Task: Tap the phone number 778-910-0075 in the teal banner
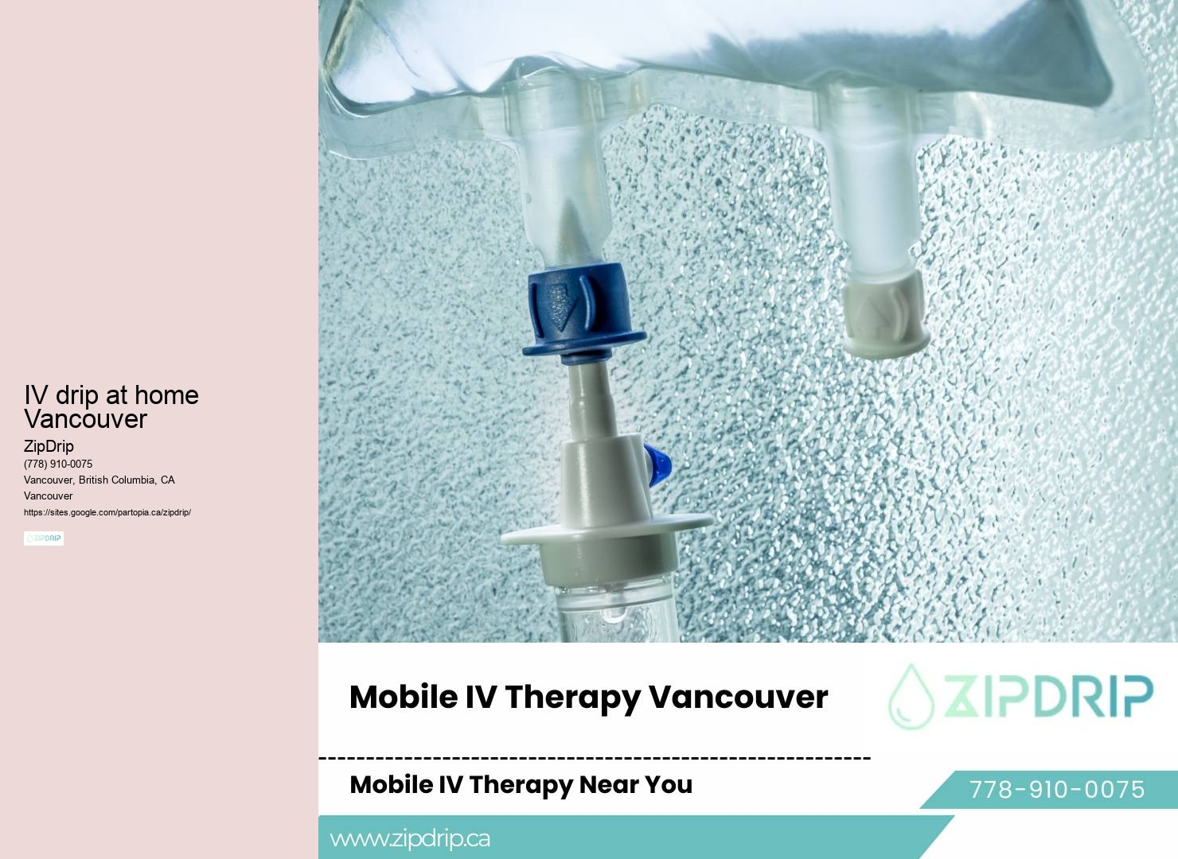tap(1056, 790)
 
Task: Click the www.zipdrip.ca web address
tap(410, 838)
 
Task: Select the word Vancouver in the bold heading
tap(738, 697)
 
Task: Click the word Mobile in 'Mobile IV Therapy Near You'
tap(391, 784)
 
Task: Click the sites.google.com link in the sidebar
tap(107, 512)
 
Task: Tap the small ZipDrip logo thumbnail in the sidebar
tap(44, 538)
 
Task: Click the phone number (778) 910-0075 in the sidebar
tap(58, 464)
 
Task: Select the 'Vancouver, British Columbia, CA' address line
tap(99, 480)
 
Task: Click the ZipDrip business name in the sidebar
tap(49, 446)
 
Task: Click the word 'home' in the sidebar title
tap(166, 395)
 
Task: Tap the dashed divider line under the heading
tap(594, 758)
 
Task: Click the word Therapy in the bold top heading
tap(571, 697)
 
